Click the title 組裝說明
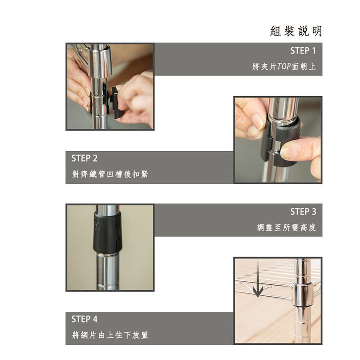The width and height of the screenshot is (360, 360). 296,31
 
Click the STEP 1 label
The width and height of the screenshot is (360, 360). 303,51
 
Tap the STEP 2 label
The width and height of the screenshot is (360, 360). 84,158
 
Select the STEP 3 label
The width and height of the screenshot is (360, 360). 303,211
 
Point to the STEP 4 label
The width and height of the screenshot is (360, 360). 84,319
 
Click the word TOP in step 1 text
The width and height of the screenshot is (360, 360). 284,67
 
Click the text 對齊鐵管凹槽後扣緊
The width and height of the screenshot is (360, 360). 110,174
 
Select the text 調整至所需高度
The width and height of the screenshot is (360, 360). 286,228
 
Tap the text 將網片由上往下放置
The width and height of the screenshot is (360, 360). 110,335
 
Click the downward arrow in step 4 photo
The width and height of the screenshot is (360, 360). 258,279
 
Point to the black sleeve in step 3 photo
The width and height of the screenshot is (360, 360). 107,232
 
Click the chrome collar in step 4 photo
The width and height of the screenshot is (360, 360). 302,295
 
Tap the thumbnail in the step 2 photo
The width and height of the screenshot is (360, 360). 289,151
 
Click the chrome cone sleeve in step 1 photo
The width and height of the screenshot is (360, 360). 99,61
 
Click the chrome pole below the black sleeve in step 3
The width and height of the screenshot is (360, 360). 107,271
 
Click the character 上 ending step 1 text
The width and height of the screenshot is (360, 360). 312,67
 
